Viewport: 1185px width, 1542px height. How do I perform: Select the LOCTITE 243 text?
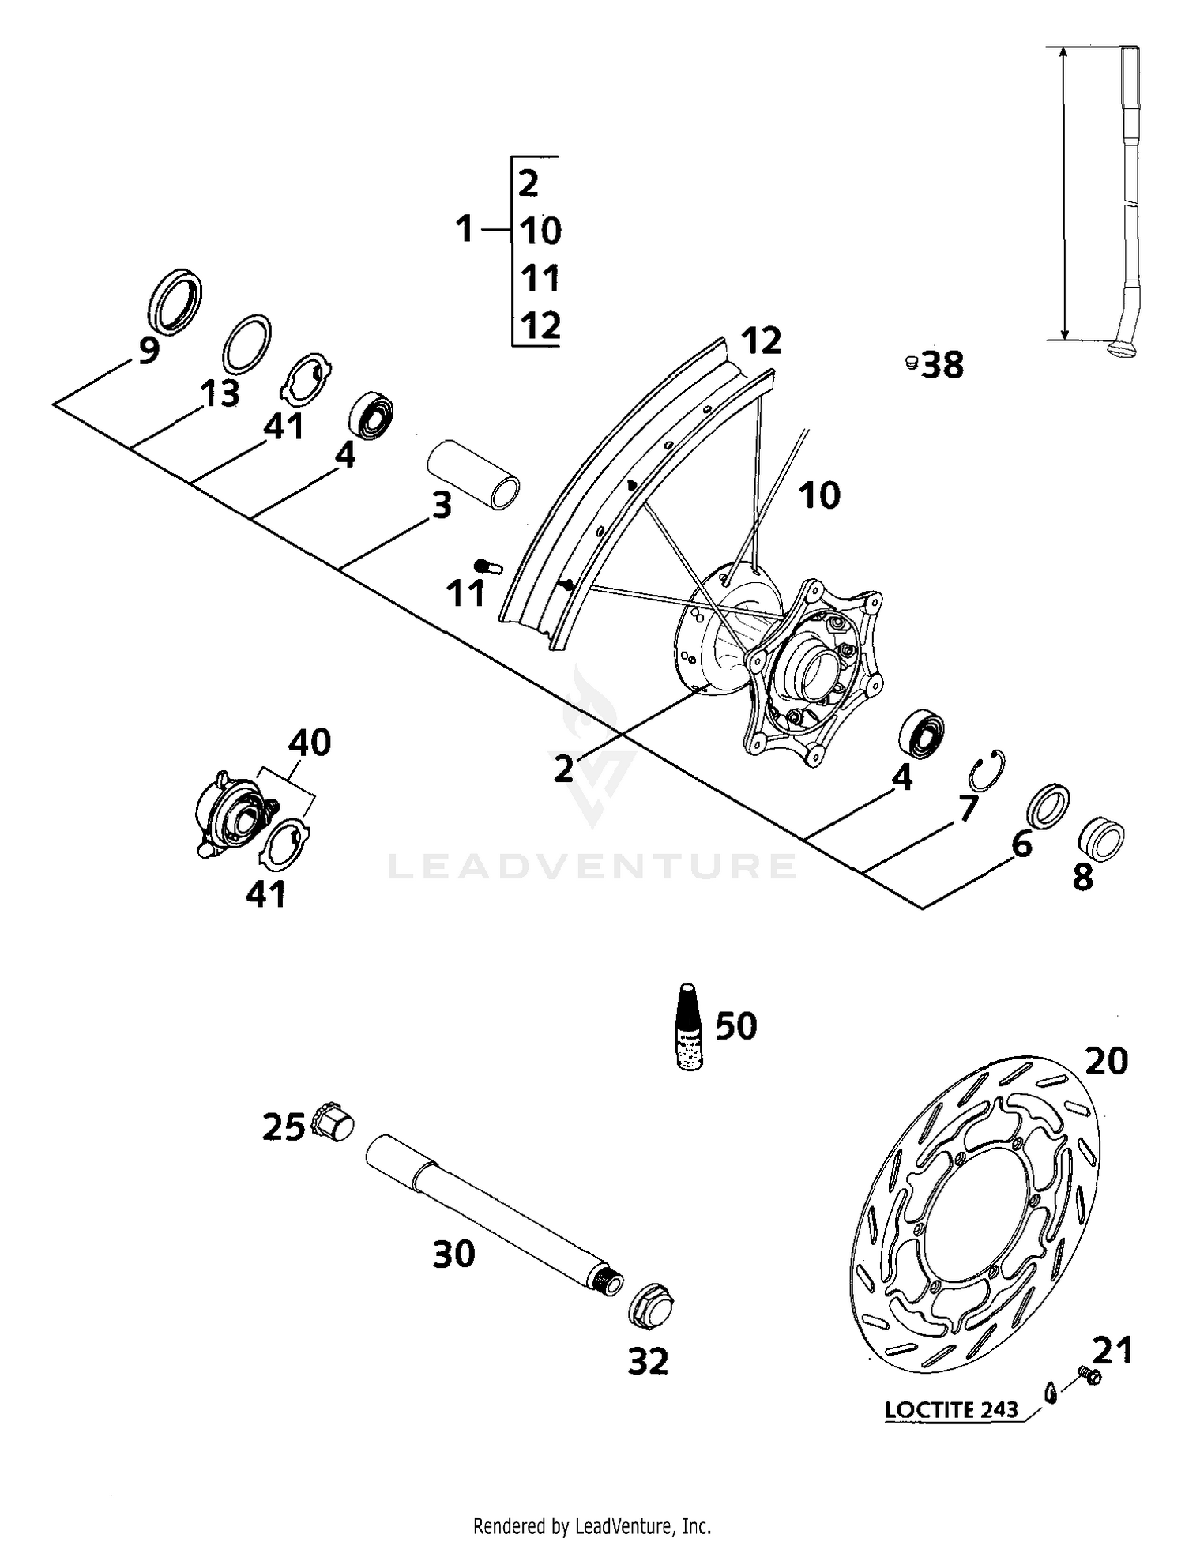point(951,1409)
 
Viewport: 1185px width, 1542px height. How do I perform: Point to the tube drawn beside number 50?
point(690,1026)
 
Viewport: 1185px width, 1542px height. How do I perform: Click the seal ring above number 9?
point(175,300)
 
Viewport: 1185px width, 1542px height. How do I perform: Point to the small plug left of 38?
point(910,363)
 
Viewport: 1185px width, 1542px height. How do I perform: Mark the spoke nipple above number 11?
point(488,566)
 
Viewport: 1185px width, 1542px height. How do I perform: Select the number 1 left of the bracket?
point(465,230)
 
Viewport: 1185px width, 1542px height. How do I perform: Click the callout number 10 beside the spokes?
point(818,496)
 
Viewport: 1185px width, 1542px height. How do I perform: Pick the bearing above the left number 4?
point(371,414)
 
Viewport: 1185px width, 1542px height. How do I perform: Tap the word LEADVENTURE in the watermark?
point(592,867)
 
